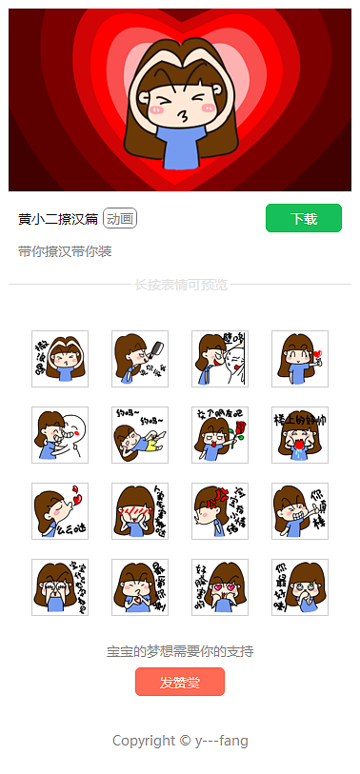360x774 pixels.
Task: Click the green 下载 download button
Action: pos(303,218)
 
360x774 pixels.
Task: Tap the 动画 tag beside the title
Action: pos(120,219)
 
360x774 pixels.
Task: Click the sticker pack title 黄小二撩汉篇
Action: pos(58,219)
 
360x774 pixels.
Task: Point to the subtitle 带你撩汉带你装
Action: pos(65,251)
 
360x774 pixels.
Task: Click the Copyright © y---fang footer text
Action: pos(180,740)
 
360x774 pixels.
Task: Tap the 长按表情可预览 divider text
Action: pos(180,284)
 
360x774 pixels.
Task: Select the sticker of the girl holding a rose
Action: pos(220,435)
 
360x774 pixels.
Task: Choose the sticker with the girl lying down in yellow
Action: pos(140,435)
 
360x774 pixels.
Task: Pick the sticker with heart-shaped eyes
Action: pos(220,587)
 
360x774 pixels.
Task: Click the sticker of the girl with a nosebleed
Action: pos(300,435)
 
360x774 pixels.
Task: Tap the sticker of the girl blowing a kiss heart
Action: pos(60,511)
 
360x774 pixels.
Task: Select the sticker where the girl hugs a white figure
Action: pos(60,435)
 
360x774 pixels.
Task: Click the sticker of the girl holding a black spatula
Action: pos(140,359)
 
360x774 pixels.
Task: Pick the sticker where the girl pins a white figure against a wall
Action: pos(220,359)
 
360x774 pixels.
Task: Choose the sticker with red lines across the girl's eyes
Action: pos(140,511)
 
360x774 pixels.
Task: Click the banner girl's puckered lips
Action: pos(169,114)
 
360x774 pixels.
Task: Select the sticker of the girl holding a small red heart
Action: pos(300,359)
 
